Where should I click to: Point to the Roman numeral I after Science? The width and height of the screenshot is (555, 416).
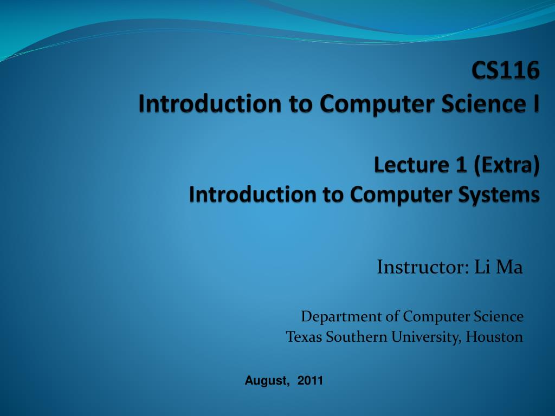tap(535, 103)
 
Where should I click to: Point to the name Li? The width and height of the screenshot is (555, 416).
tap(481, 267)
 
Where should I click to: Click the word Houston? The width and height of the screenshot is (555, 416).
tap(495, 337)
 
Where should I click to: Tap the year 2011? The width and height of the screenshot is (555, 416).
tap(310, 381)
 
